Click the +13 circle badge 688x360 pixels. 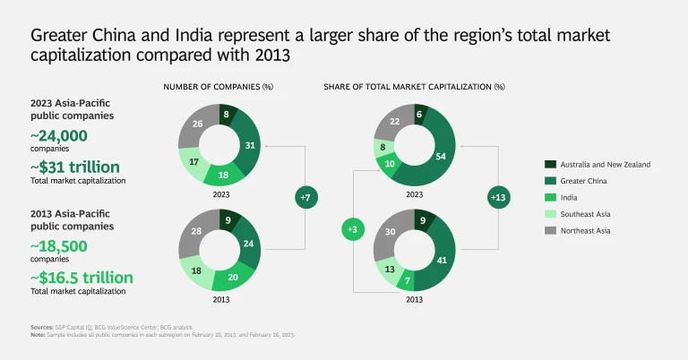498,195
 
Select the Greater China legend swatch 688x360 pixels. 552,180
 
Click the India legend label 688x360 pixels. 575,196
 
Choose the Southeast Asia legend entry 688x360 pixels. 593,212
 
